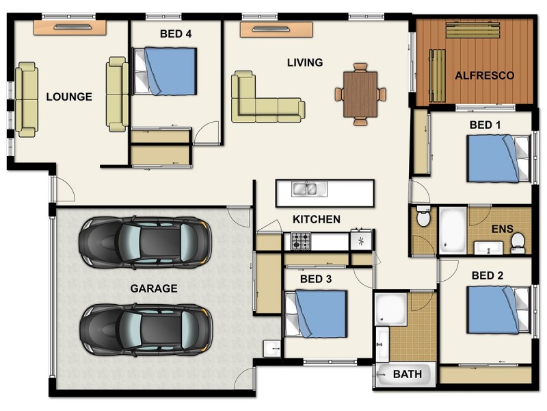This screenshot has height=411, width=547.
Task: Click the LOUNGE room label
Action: pos(69,97)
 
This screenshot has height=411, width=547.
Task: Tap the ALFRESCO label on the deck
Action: pos(484,75)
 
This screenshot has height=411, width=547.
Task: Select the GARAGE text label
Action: pos(154,288)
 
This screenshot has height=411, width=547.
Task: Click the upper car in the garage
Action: pos(145,242)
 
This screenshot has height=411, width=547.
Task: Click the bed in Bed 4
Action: pos(165,71)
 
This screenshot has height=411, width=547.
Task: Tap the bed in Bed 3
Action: pos(316,313)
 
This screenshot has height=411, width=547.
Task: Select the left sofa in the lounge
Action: pos(27,99)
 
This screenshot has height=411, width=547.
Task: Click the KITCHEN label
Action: pos(316,220)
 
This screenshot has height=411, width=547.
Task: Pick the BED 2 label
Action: pos(488,275)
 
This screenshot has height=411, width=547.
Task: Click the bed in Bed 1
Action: pos(498,158)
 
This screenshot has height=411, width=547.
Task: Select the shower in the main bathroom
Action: pos(390,308)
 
